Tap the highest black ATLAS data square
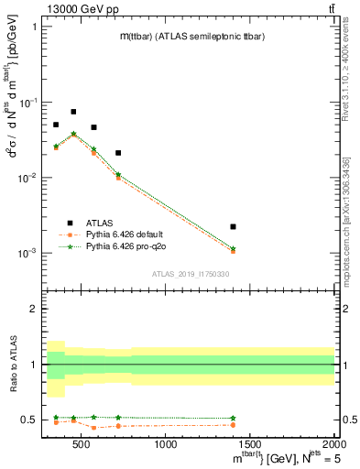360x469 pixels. [x=73, y=112]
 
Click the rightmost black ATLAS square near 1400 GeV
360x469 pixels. [x=233, y=226]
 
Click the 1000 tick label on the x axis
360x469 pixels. [x=166, y=445]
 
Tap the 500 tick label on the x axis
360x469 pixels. [x=82, y=445]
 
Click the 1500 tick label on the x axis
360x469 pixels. [x=250, y=445]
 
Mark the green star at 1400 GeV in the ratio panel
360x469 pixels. [x=233, y=418]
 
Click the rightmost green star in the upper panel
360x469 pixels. [x=233, y=248]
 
